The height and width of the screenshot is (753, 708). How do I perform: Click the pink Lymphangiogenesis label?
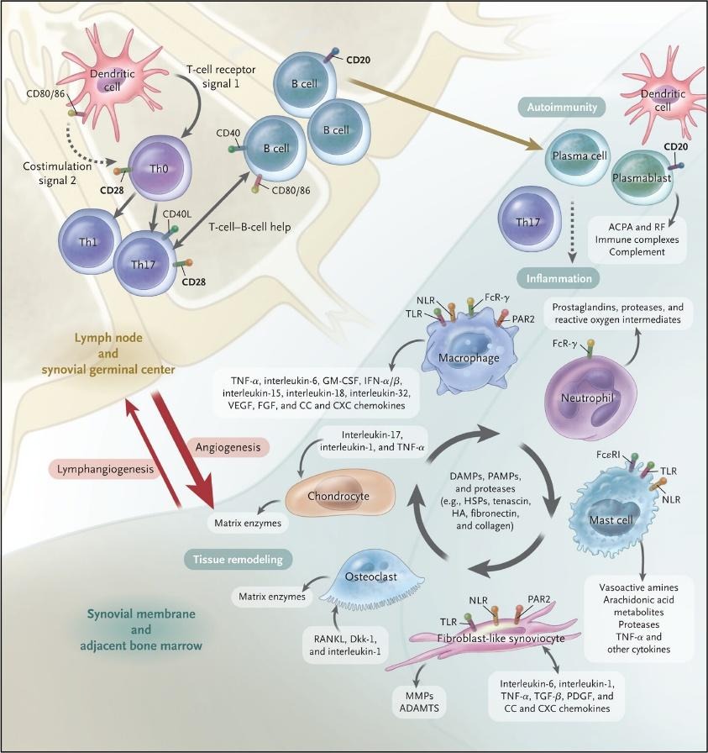click(x=104, y=471)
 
